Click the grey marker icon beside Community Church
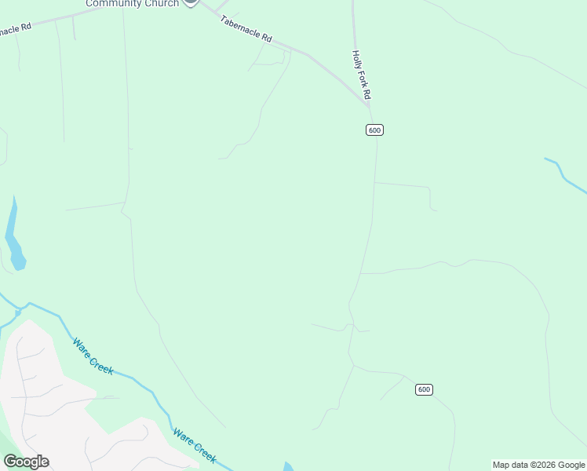tap(190, 2)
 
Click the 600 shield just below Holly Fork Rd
tap(374, 130)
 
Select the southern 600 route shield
tap(424, 389)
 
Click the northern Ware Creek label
tap(93, 356)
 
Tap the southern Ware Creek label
tap(194, 445)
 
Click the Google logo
tap(26, 462)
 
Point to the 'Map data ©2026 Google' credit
tap(538, 465)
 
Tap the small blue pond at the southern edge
tap(289, 467)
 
